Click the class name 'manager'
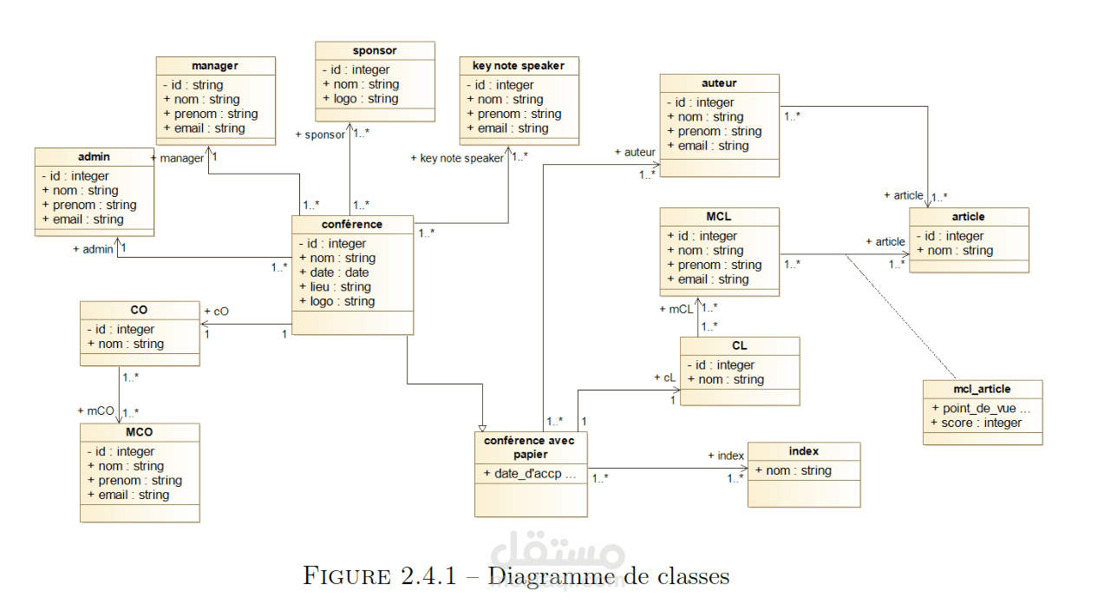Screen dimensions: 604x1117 [x=215, y=66]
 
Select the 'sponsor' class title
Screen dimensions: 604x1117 [x=375, y=50]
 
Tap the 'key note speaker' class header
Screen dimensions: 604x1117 [x=519, y=66]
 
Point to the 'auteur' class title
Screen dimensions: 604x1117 [x=719, y=83]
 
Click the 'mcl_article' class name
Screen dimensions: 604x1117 [x=982, y=389]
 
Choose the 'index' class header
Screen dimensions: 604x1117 [x=804, y=451]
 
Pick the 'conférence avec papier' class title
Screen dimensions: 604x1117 [x=530, y=447]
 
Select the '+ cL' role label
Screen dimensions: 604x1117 [x=664, y=378]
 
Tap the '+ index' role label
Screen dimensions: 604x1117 [x=726, y=456]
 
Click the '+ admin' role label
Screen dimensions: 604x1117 [x=93, y=250]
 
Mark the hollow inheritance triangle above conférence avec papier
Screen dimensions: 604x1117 [x=482, y=428]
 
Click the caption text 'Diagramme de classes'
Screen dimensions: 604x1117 [x=610, y=576]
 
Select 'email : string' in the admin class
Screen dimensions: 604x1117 [x=88, y=220]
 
